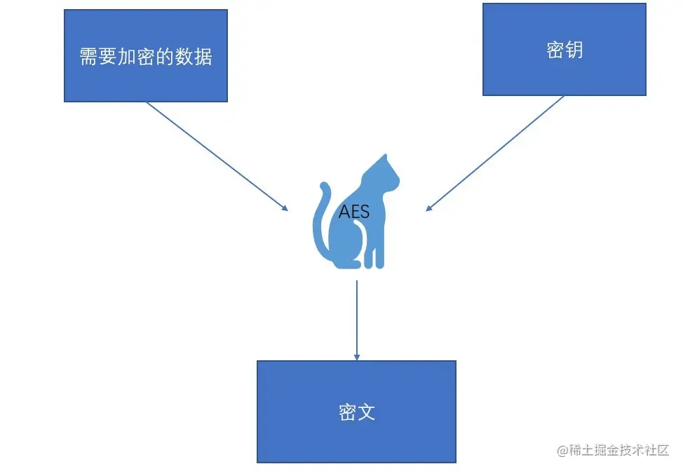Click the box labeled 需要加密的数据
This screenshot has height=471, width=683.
tap(146, 56)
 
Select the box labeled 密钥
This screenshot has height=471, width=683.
tap(564, 50)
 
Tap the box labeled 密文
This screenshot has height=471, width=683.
tap(356, 411)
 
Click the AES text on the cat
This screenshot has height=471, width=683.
tap(353, 212)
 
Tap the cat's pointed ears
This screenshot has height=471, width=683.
tap(382, 158)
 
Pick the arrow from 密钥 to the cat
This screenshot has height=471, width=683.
tap(495, 153)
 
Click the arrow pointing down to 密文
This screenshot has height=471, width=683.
tap(356, 319)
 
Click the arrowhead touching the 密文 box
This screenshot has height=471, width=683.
tap(356, 357)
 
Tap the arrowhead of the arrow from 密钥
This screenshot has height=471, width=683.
tap(429, 207)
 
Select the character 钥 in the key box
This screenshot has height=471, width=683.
tap(574, 50)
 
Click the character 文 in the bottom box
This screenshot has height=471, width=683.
tap(366, 412)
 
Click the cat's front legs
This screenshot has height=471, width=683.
tap(374, 249)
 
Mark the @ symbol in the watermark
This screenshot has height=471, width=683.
tap(562, 451)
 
